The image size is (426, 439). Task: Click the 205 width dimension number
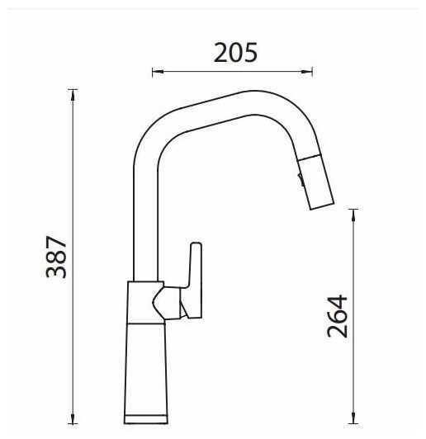(235, 53)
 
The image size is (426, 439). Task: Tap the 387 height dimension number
(56, 257)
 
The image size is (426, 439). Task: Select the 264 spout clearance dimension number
(337, 316)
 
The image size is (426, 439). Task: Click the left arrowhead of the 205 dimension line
(158, 72)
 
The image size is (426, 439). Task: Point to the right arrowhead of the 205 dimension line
(307, 72)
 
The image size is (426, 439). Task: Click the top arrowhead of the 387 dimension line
(73, 95)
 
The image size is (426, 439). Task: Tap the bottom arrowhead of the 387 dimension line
(73, 418)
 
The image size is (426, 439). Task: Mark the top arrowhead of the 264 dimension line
(353, 215)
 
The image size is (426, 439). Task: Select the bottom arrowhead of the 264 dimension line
(353, 418)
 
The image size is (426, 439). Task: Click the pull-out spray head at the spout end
(316, 182)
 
